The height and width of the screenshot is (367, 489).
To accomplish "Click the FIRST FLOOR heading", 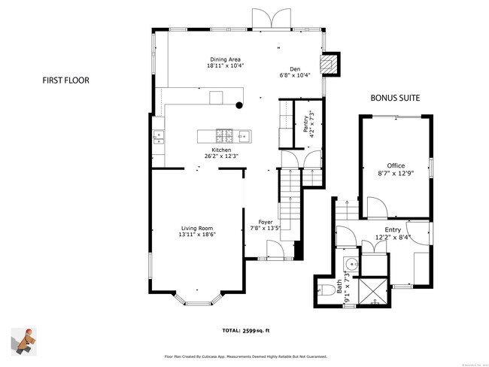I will point(66,78).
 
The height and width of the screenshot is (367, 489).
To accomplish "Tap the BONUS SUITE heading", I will point(394,99).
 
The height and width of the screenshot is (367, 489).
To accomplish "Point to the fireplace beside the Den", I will point(330,65).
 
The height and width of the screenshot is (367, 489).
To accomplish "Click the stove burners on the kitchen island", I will point(203,136).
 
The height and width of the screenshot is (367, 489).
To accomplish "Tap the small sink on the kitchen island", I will point(223,136).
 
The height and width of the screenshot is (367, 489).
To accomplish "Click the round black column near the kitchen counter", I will point(239,105).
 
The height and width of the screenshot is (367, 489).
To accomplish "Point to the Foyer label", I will point(266,222).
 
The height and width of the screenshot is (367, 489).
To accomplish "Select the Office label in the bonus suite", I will point(396,165).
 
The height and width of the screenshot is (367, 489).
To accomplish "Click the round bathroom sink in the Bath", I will point(350,265).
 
